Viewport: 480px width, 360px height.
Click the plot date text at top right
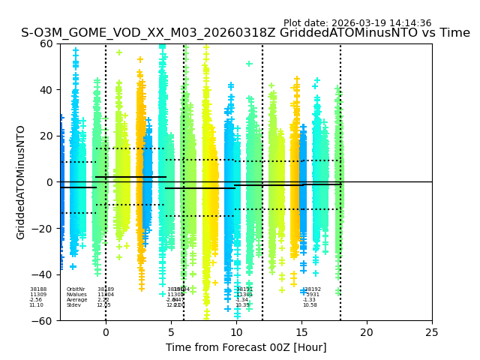357,23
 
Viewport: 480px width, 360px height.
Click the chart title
245,33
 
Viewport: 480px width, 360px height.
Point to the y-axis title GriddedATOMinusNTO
21,182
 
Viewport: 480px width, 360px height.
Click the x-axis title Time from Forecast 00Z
246,347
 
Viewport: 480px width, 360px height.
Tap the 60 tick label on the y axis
46,43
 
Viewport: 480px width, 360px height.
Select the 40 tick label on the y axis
46,90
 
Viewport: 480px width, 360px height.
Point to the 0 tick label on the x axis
106,332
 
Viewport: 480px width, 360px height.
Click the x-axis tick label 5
171,332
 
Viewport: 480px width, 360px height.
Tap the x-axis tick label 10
236,332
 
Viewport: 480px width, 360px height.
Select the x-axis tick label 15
301,332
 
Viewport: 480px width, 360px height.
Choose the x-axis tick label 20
367,332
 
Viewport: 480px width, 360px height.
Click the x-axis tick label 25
432,332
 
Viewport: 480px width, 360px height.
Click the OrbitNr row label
76,289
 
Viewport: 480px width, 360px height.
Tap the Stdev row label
73,305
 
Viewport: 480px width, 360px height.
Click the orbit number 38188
38,289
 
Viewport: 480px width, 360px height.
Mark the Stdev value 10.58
310,305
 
